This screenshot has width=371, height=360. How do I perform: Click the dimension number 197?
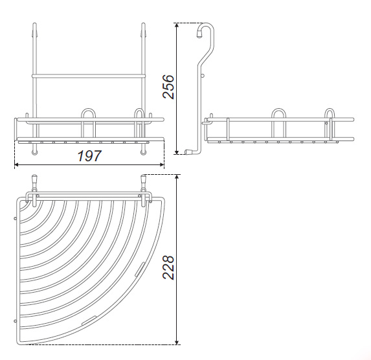tap(89, 156)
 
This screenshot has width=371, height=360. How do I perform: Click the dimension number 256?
tap(168, 87)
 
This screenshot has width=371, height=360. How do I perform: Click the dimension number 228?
tap(168, 267)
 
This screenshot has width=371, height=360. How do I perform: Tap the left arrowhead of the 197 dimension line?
tap(16, 164)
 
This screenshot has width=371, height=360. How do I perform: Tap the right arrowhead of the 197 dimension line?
tap(162, 164)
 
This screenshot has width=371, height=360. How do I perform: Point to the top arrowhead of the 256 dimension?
tap(176, 25)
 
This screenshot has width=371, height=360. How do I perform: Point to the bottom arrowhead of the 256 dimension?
tap(176, 152)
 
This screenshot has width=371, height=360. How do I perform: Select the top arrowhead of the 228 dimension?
tap(176, 177)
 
